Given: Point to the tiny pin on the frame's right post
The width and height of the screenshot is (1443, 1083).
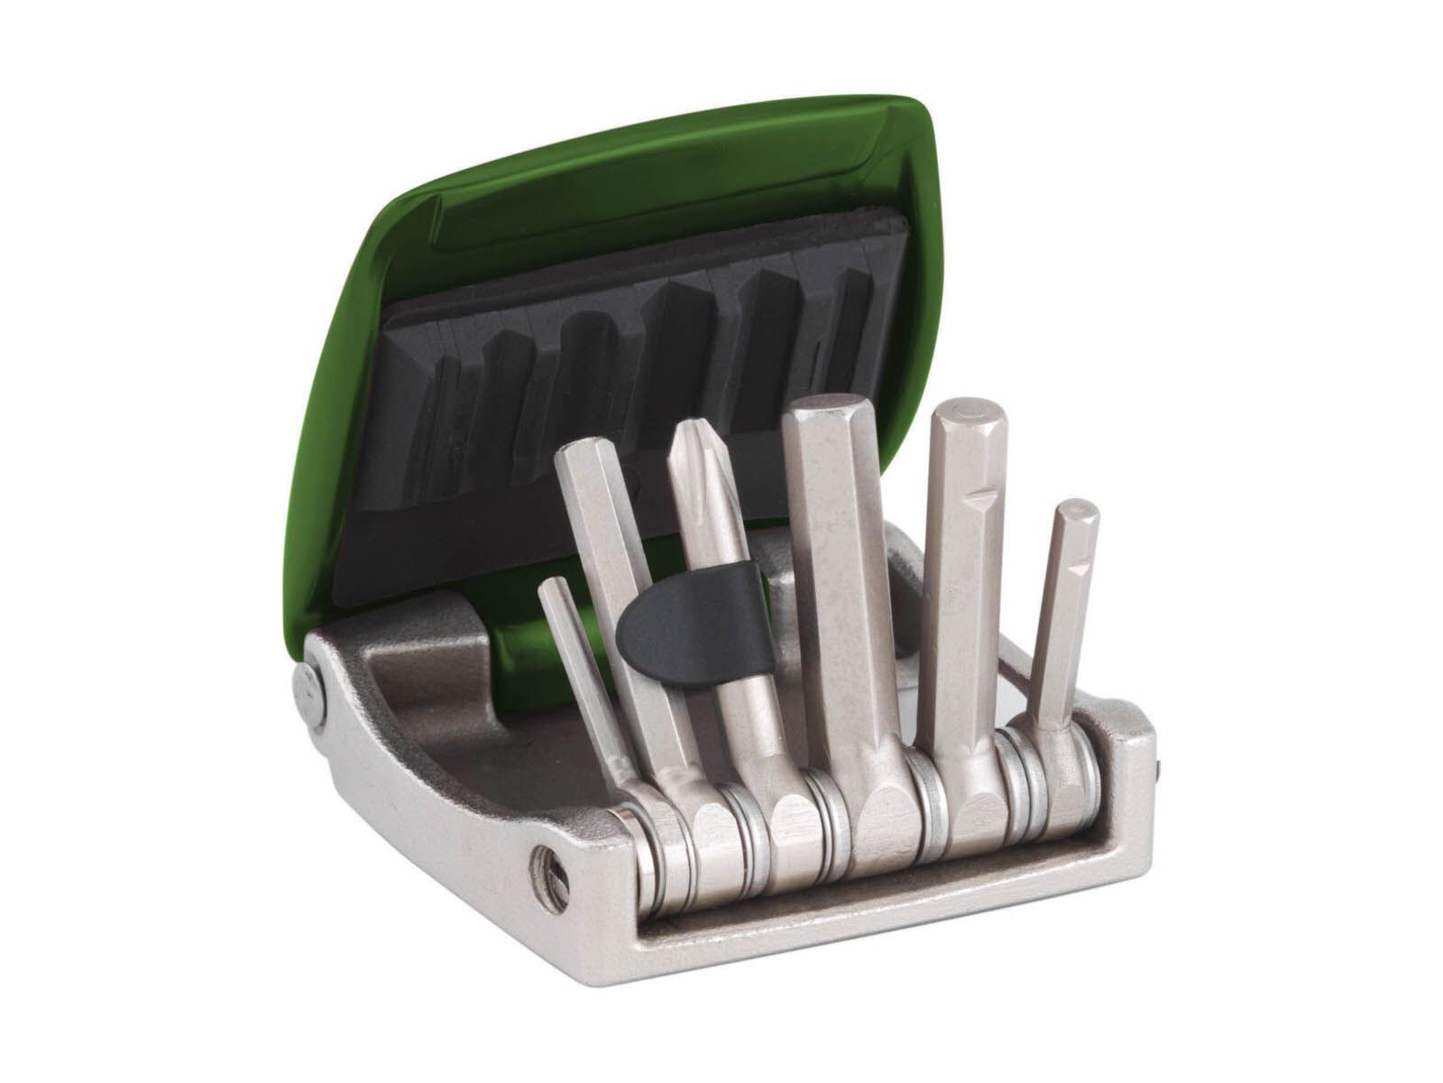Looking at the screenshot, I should point(1159,768).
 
